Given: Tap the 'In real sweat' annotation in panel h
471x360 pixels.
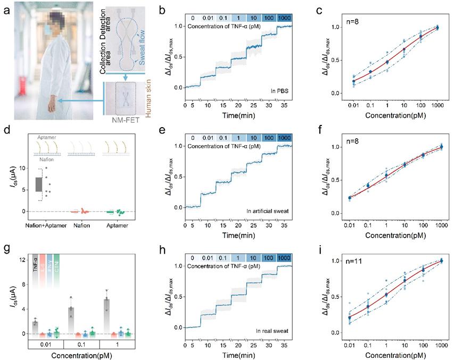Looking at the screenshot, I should pyautogui.click(x=272, y=331).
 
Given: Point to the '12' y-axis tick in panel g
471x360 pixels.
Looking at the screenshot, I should pyautogui.click(x=22, y=259).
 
